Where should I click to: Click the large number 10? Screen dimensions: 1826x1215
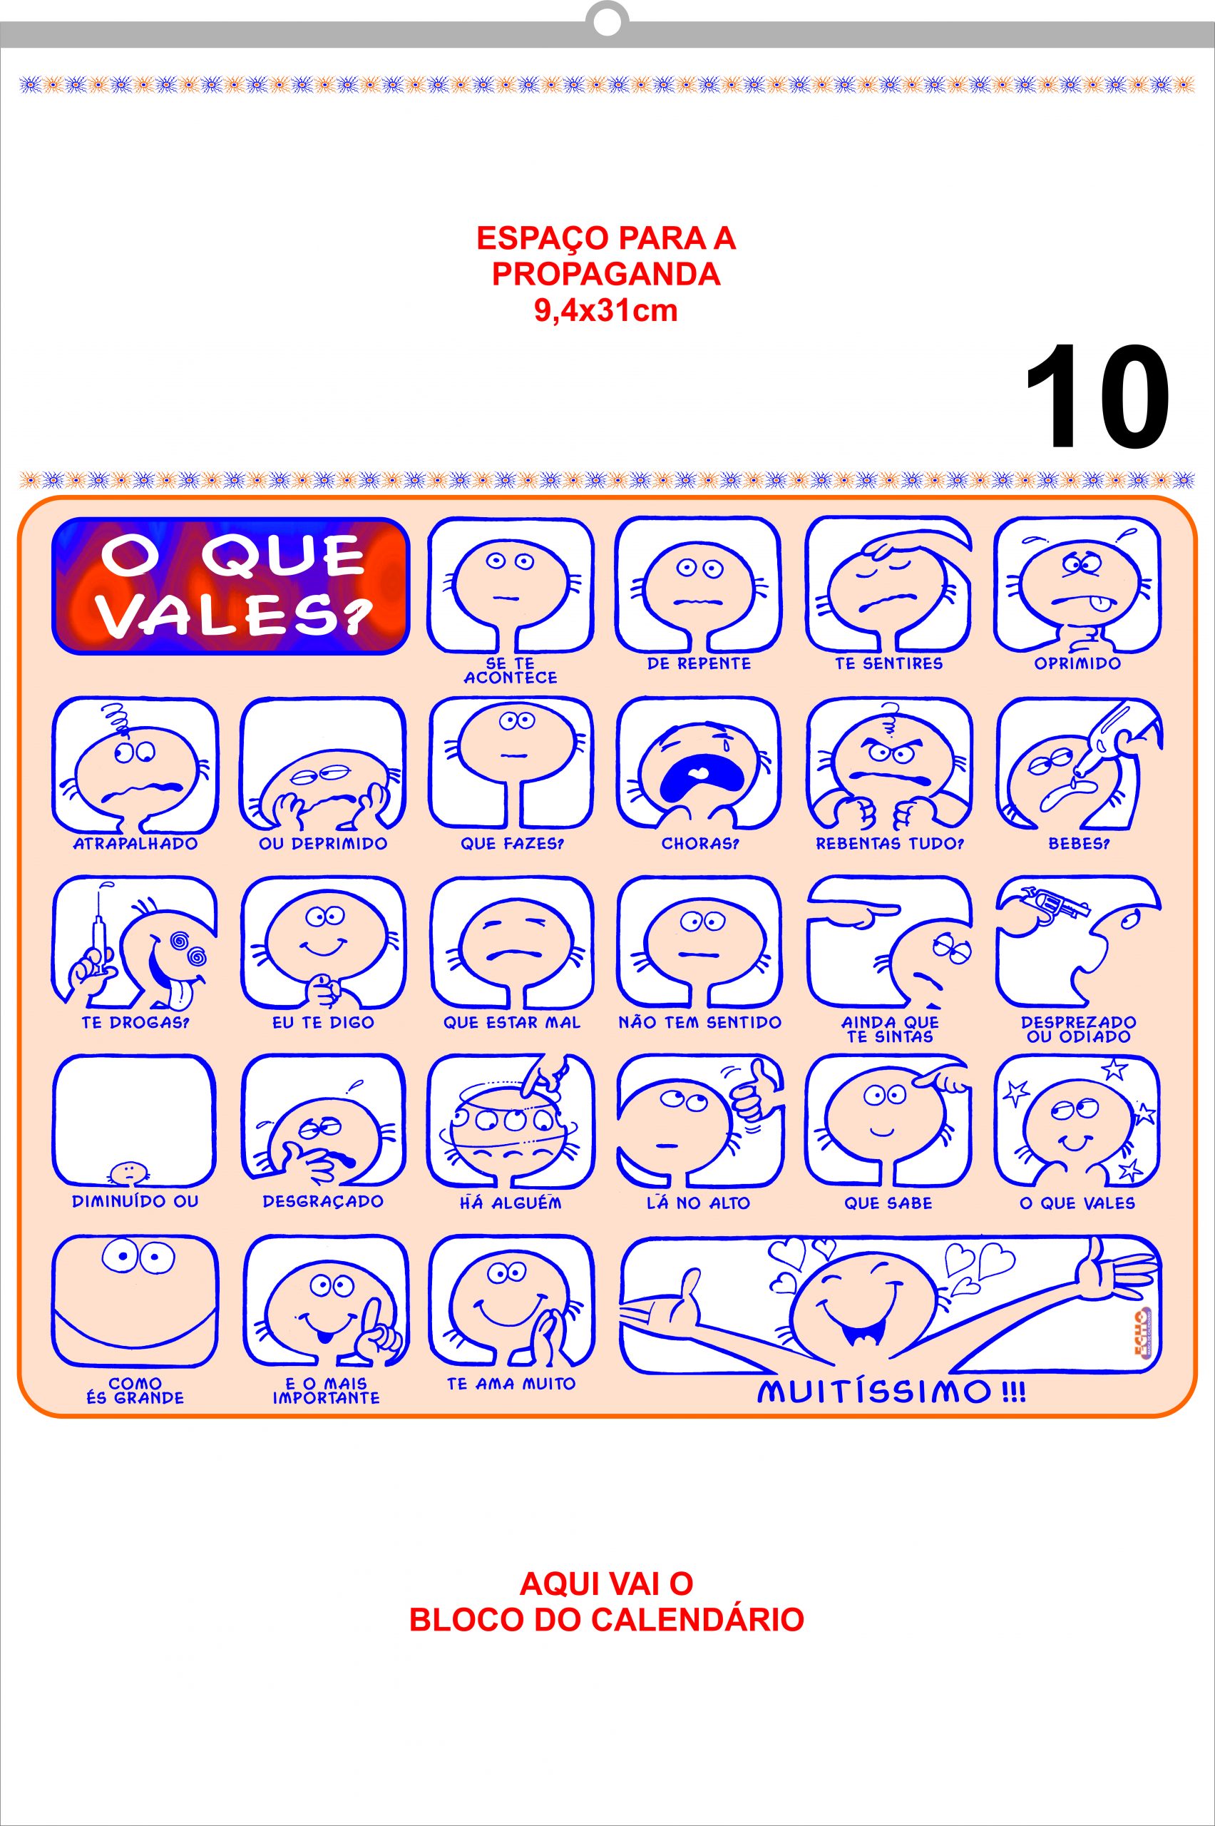[x=1097, y=396]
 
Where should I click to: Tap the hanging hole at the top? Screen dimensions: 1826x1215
[x=607, y=23]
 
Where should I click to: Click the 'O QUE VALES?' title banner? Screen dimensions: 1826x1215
[x=230, y=585]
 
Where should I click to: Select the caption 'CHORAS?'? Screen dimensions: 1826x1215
[x=699, y=843]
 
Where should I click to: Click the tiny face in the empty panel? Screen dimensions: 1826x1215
[x=128, y=1172]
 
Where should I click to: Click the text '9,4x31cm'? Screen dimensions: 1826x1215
[x=606, y=311]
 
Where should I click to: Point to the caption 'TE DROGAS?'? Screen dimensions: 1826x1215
[x=135, y=1022]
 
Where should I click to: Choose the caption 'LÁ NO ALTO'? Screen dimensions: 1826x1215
[x=699, y=1203]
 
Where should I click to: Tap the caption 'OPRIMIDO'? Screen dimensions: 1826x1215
[x=1077, y=663]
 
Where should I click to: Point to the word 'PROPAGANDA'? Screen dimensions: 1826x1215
[x=606, y=275]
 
